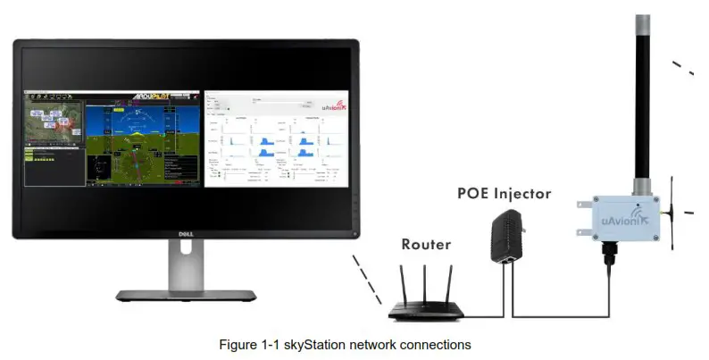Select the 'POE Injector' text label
click(x=504, y=193)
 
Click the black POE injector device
click(x=503, y=238)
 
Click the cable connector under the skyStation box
click(x=611, y=260)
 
